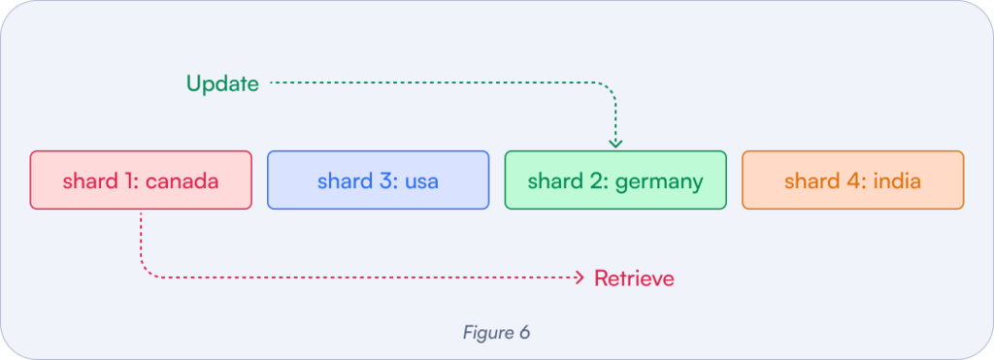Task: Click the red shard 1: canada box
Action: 141,180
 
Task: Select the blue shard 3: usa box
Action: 378,180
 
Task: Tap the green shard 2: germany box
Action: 614,180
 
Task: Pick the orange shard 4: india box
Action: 852,180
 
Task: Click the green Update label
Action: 222,84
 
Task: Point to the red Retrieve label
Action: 634,279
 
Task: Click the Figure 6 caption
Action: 496,332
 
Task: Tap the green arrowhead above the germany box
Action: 615,143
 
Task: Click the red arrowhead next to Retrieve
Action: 580,278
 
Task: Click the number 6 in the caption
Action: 524,332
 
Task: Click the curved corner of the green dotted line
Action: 609,90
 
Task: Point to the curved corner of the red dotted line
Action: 148,272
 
